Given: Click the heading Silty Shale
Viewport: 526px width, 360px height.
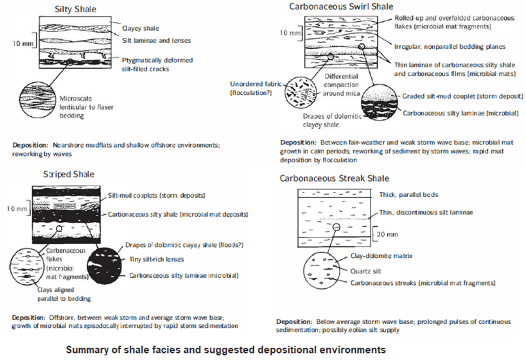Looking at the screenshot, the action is coord(76,9).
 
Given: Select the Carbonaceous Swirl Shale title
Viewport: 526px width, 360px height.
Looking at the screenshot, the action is coord(341,6).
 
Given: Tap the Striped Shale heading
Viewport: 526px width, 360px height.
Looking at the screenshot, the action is coord(69,175).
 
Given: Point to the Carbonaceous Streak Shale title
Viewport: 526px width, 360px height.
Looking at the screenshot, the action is coord(335,178).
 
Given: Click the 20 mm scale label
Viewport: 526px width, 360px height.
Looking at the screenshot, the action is coord(387,234).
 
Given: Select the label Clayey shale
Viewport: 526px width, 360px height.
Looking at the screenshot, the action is coord(141,28).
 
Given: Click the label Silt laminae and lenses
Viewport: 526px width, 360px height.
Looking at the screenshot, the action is coord(156,40).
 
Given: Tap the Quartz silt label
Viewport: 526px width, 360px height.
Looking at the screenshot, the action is coord(365,271).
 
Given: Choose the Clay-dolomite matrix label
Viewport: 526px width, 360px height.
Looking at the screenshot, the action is coord(381,256).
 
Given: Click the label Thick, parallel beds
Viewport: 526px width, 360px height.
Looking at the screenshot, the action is coord(408,194).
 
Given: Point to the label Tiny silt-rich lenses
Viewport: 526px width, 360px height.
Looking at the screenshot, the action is coord(157,259).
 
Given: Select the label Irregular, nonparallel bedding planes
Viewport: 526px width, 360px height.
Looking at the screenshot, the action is coord(450,47).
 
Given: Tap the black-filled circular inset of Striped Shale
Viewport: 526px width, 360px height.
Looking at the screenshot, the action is coord(104,266).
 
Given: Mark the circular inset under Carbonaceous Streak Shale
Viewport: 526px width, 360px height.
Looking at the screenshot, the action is coord(321,270).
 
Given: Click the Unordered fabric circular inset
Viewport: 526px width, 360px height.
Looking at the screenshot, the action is coord(300,92).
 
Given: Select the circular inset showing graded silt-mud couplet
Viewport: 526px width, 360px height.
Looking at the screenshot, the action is coord(380,102).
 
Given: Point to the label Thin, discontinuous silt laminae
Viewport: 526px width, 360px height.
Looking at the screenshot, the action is coord(426,212).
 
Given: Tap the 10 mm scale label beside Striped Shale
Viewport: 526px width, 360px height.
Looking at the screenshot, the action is coord(17,209).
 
